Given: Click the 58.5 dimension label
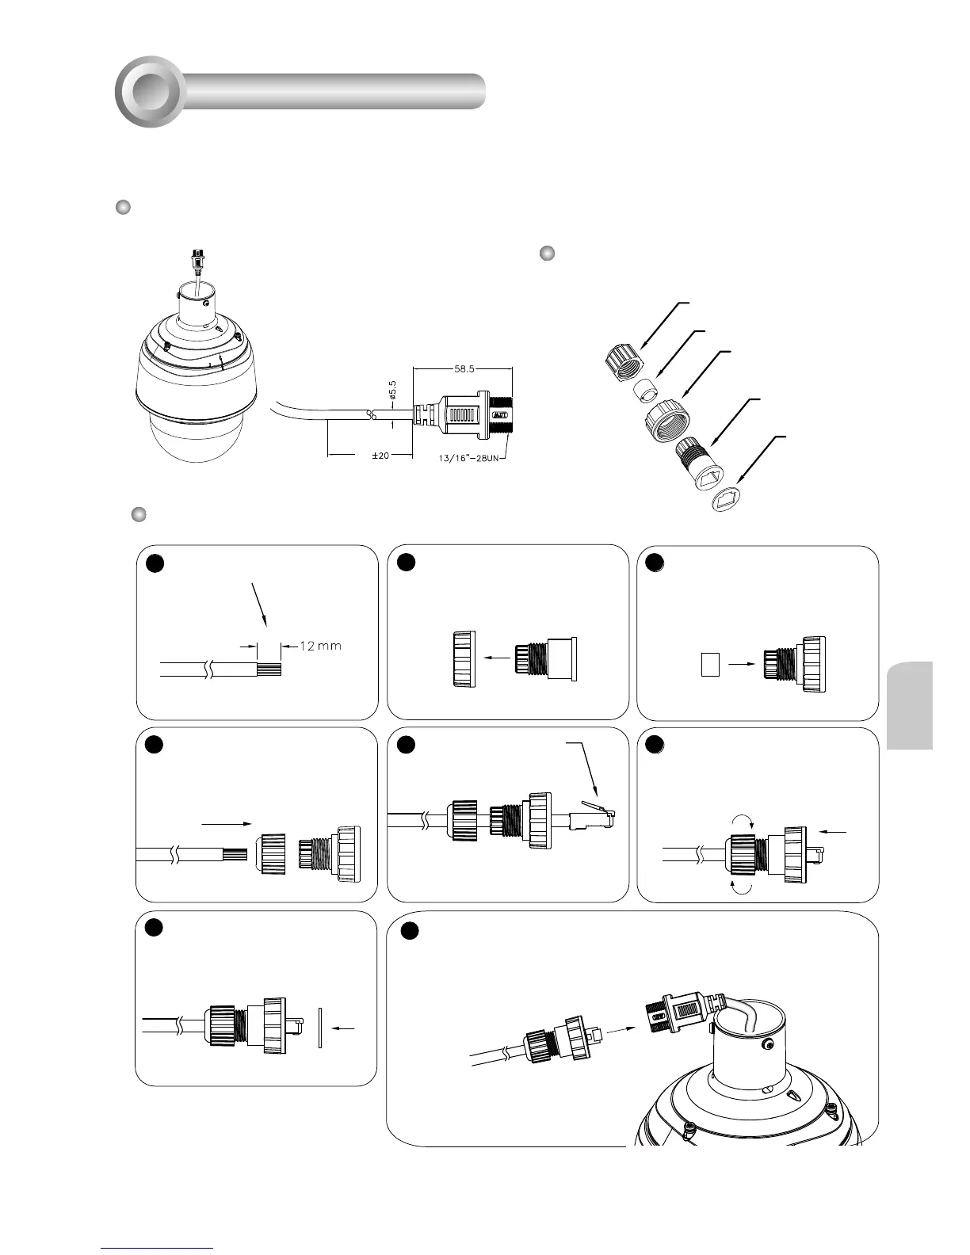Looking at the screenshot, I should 464,368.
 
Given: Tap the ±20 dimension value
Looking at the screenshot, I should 380,456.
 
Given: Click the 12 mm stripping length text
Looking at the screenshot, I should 321,646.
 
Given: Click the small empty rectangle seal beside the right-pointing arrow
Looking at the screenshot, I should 710,664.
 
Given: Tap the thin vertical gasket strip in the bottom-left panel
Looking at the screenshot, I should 320,1028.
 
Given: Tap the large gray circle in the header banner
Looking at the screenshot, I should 151,91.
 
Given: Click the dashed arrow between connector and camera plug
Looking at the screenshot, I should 618,1030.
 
